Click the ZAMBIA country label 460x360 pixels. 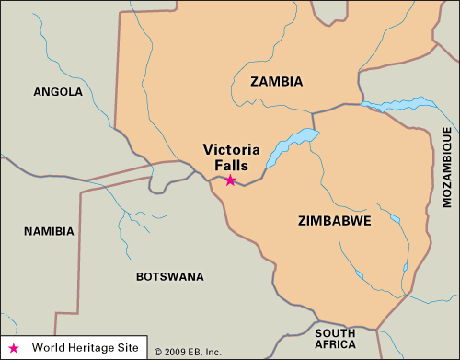click(276, 82)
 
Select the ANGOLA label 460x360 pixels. click(58, 91)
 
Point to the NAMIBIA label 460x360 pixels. click(49, 231)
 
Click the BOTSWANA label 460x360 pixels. click(168, 276)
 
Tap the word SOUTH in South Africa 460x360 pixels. click(334, 332)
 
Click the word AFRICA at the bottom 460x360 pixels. click(335, 346)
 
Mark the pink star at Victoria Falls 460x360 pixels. click(230, 180)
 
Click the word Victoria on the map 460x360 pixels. click(230, 150)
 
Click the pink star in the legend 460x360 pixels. click(14, 348)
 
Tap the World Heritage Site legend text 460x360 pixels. click(85, 348)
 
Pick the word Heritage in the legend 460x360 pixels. click(90, 348)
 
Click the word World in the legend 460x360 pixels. click(48, 348)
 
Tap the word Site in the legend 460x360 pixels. click(127, 348)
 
